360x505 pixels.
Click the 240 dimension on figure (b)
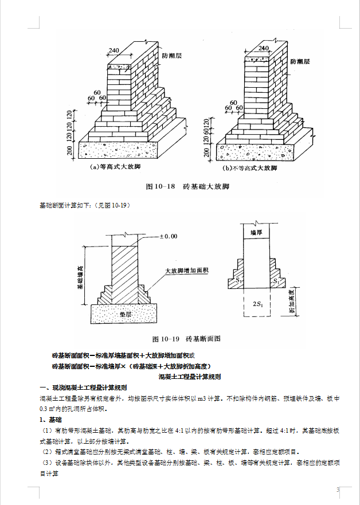click(x=264, y=48)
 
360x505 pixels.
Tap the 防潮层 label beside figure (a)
click(x=171, y=56)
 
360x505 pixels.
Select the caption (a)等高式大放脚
click(x=116, y=167)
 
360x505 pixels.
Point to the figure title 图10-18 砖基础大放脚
click(x=185, y=187)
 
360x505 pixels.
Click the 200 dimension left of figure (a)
click(x=70, y=151)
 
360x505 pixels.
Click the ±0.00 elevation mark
click(x=169, y=236)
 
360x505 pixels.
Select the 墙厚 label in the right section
click(x=257, y=233)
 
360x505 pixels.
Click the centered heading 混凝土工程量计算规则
click(x=189, y=377)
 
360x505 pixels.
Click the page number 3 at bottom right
click(x=338, y=489)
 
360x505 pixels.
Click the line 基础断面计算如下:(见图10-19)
click(x=84, y=205)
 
